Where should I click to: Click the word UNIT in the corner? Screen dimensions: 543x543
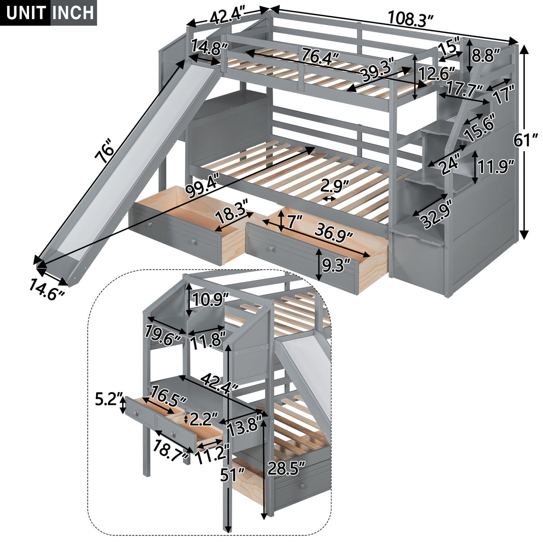tap(25, 13)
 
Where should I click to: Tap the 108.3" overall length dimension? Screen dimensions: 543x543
tap(410, 18)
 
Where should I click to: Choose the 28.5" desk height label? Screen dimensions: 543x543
tap(286, 469)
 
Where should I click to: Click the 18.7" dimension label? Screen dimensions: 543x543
tap(170, 447)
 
